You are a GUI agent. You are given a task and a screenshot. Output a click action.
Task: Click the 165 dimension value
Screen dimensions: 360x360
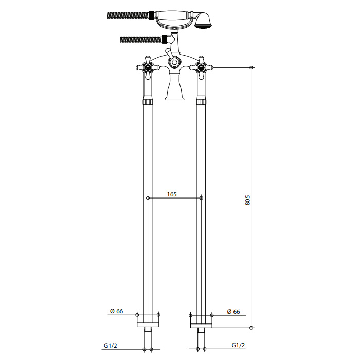point(172,194)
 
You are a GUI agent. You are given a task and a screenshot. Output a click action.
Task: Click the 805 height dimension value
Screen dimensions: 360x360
point(247,200)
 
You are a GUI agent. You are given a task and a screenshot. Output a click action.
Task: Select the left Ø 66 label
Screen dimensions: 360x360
point(116,311)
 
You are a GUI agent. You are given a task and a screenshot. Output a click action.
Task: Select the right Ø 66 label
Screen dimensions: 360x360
point(233,312)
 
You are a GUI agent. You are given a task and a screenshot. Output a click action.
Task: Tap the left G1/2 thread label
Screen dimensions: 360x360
point(111,345)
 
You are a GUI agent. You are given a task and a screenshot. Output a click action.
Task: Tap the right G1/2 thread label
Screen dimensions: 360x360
point(238,345)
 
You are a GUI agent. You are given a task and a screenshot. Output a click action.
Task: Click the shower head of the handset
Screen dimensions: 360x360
point(202,21)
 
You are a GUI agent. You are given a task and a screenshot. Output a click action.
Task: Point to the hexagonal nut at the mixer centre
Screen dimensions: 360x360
point(174,62)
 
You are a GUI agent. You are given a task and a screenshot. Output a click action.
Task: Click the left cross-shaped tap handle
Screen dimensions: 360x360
point(148,67)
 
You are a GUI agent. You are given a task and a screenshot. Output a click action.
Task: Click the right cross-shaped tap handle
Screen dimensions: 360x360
point(201,67)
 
